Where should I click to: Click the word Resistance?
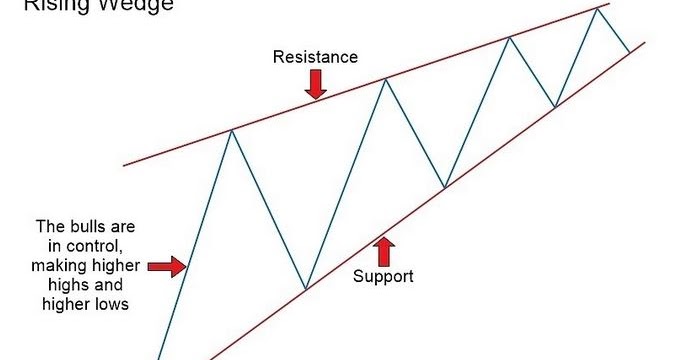tap(315, 57)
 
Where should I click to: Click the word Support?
tap(383, 275)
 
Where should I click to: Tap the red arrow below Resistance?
tap(316, 87)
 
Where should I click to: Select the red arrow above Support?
tap(384, 247)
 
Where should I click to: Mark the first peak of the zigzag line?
tap(232, 130)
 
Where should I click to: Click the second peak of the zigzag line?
tap(386, 80)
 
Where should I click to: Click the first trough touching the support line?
tap(304, 290)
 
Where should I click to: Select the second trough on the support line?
tap(445, 186)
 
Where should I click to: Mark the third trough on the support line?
tap(555, 106)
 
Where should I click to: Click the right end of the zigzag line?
tap(629, 52)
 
